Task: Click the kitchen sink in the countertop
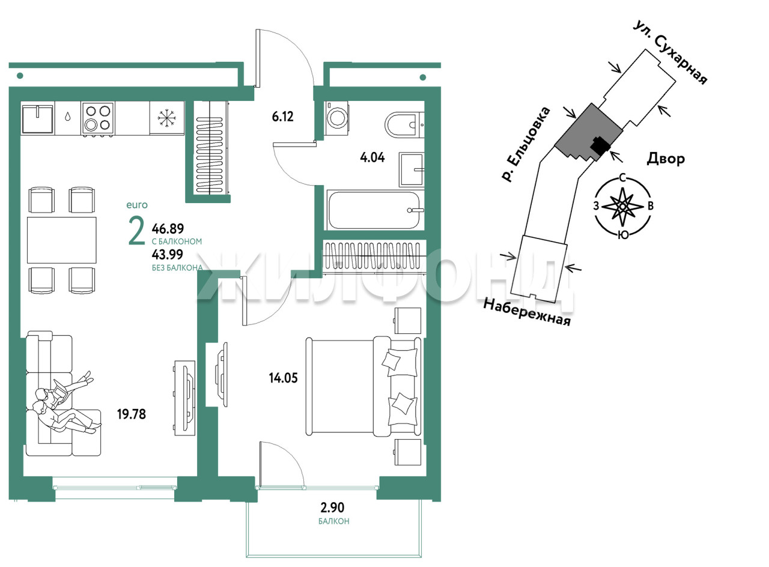pos(38,119)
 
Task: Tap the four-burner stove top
pos(98,118)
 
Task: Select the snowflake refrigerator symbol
pos(167,118)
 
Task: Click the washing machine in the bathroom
pos(336,118)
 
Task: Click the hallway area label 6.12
pos(282,117)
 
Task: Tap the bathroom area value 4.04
pos(372,157)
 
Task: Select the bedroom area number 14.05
pos(283,378)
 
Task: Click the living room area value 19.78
pos(132,414)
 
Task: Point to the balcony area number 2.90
pos(332,508)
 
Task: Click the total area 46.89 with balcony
pos(168,228)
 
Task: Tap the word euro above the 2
pos(137,205)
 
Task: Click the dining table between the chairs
pos(62,240)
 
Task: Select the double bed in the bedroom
pos(364,387)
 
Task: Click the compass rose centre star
pos(622,206)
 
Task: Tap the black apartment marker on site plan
pos(600,146)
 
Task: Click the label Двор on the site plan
pos(666,159)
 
